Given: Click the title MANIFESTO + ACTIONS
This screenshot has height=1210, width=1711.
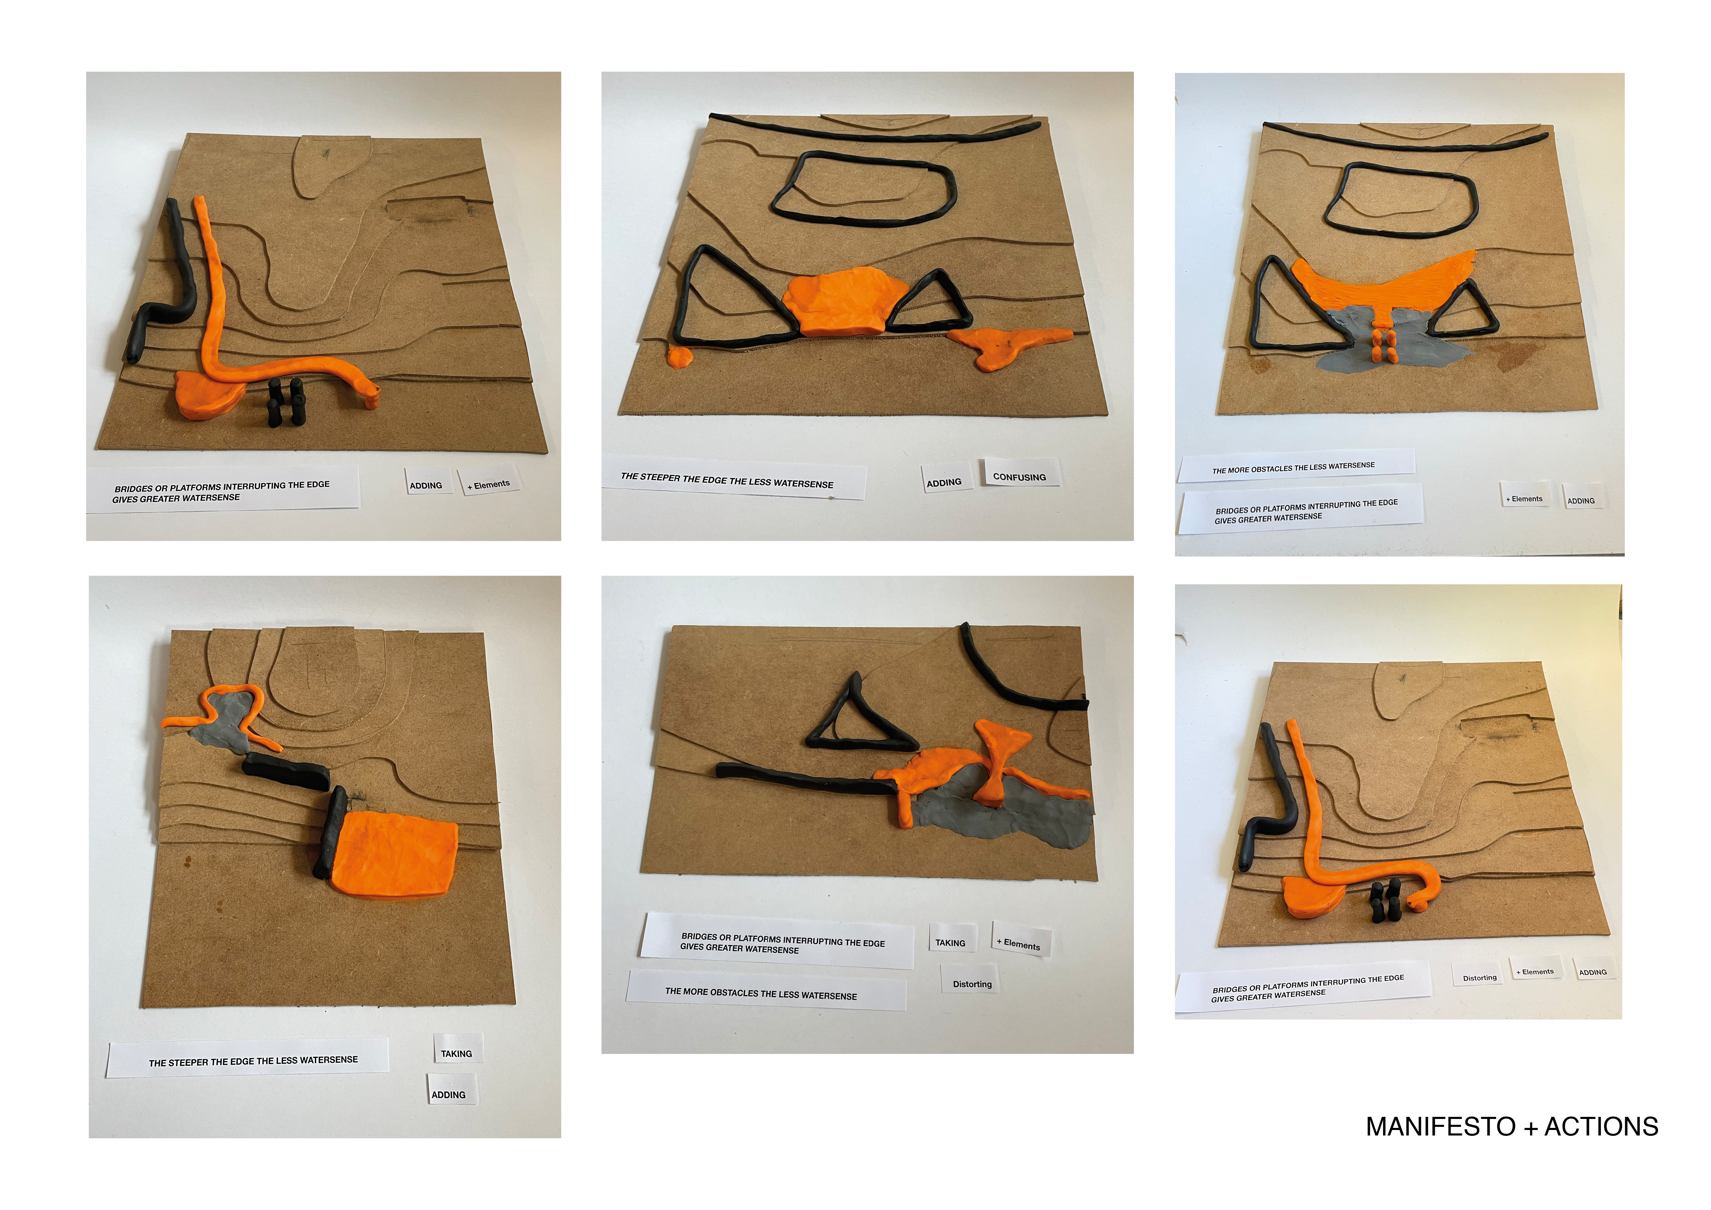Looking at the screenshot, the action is [x=1511, y=1126].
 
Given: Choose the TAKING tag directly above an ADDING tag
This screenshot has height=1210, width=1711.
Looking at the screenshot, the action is [x=456, y=1052].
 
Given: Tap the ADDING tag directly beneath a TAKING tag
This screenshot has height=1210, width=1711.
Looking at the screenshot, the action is [x=449, y=1092].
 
